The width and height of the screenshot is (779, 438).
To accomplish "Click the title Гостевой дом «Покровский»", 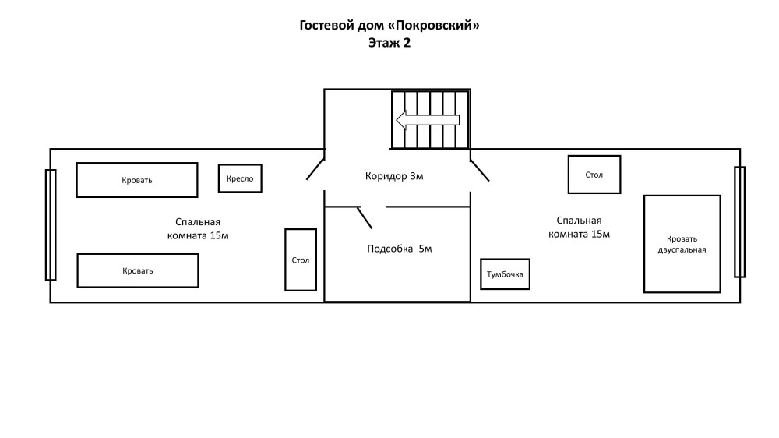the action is point(389,26).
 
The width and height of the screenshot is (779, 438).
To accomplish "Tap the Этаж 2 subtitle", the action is point(389,43).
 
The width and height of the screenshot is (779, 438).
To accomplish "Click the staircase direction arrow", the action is point(427,120).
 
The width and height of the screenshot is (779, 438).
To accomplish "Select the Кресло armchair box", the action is point(240,178).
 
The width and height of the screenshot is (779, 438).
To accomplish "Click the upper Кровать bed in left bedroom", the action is point(137,180).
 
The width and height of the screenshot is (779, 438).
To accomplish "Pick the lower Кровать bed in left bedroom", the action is point(138,270).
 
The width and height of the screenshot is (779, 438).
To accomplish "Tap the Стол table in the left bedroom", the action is point(301,260).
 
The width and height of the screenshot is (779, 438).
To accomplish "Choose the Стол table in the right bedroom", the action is point(594,175).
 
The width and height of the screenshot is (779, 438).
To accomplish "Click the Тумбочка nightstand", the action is point(506,274).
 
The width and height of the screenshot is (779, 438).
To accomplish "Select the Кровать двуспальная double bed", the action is point(682,244).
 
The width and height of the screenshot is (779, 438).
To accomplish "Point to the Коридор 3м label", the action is point(394,176).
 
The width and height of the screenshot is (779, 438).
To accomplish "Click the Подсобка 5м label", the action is point(400,249).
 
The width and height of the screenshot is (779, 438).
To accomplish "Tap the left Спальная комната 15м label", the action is point(198,228).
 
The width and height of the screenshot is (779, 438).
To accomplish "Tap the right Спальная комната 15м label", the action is point(579,228).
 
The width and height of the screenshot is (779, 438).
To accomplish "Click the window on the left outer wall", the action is point(51,224).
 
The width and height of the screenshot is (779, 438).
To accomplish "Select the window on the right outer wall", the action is point(740,222).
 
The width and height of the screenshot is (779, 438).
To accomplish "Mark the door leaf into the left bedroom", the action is point(315,169).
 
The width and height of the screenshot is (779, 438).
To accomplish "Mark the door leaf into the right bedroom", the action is point(480,171).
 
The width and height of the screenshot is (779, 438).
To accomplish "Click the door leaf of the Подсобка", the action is point(365,217).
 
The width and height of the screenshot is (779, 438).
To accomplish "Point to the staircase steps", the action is point(430,119).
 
